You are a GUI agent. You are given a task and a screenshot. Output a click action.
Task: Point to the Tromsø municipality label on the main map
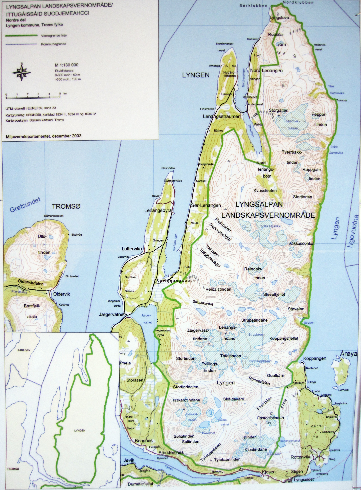coord(66,207)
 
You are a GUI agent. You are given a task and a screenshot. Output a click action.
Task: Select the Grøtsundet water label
coord(25,205)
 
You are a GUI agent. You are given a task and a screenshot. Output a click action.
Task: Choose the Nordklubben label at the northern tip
coord(298,2)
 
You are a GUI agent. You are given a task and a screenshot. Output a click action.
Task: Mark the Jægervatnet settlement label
coord(112,315)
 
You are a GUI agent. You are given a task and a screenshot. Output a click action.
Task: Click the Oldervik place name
coord(61,294)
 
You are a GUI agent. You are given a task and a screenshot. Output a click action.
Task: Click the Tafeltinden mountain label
coord(230,356)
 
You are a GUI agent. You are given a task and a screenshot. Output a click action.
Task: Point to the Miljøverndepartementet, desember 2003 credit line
coord(43,136)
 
